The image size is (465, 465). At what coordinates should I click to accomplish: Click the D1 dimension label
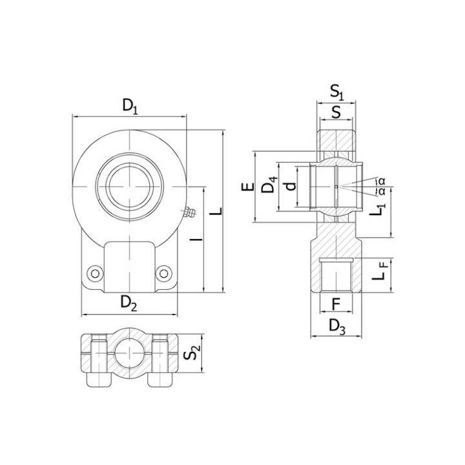[x=130, y=107]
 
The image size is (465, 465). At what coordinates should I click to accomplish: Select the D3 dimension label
[x=337, y=327]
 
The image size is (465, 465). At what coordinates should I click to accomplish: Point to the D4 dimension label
[x=270, y=184]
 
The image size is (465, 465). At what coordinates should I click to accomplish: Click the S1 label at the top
[x=336, y=92]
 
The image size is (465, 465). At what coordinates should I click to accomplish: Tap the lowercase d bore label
[x=291, y=186]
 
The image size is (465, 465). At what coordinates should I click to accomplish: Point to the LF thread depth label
[x=380, y=271]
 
